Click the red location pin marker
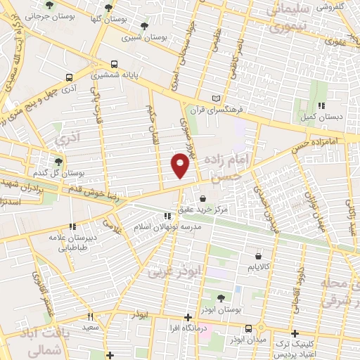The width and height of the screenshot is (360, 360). (x=180, y=165)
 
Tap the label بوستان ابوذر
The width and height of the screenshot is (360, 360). (x=221, y=309)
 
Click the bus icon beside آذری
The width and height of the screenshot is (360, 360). (x=68, y=78)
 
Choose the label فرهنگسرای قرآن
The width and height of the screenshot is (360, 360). (x=230, y=110)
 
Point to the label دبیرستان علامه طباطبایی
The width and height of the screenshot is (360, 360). (x=72, y=242)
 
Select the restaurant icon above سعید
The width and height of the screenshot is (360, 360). (x=90, y=316)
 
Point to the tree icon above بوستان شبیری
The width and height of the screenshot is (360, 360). (x=143, y=25)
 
